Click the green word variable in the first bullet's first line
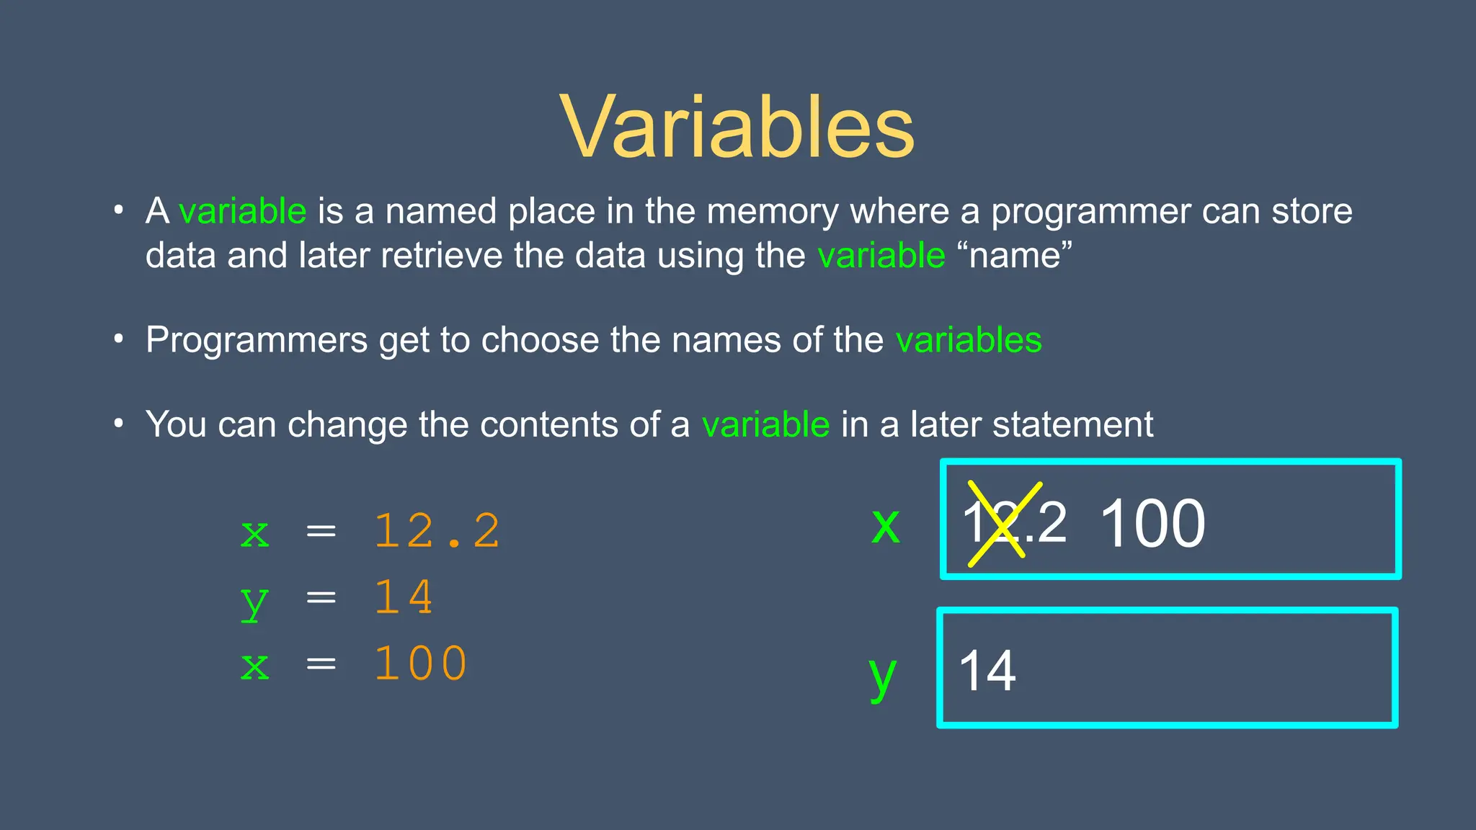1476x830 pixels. pos(242,211)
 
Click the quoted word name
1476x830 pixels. pos(1015,255)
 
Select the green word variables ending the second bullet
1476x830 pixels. pos(968,339)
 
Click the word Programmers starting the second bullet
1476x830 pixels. pos(257,340)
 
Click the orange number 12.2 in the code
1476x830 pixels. pos(437,531)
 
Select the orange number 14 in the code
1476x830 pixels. pos(404,597)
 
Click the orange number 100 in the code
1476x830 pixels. pos(420,663)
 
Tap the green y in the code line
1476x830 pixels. pos(254,601)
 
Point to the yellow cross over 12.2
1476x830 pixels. pos(1004,524)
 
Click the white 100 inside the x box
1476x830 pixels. pos(1152,524)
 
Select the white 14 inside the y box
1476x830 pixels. pos(987,671)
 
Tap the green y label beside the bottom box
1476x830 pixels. pos(882,677)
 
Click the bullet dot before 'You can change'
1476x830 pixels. pos(119,423)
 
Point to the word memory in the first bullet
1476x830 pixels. pos(772,213)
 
